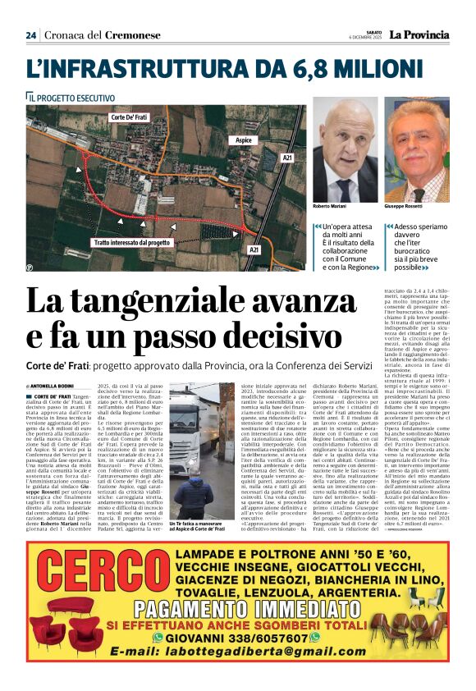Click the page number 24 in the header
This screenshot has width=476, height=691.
[31, 35]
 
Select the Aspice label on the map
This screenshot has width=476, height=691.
[244, 140]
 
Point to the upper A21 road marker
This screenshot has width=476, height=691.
[286, 156]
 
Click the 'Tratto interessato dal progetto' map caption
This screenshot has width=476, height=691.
[131, 243]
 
